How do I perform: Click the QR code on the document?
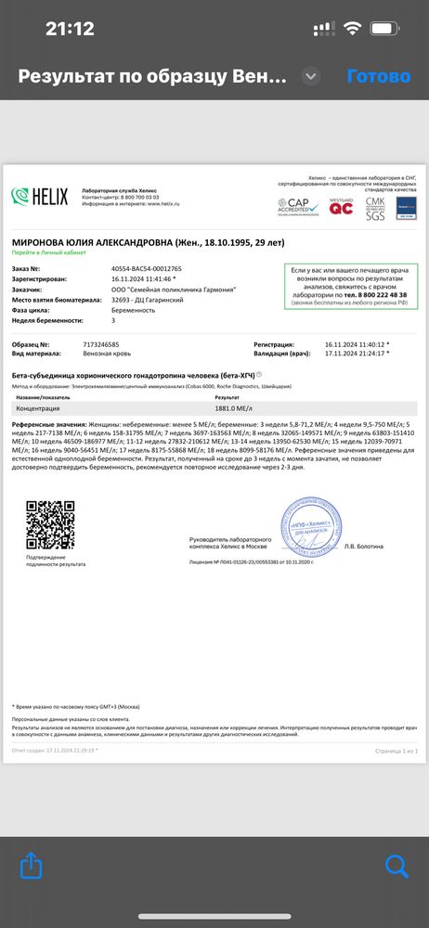point(49,524)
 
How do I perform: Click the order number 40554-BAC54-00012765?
point(146,268)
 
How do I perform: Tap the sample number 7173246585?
point(133,344)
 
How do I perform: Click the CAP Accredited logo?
point(298,206)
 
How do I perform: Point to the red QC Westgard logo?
point(342,206)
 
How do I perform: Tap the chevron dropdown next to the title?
point(312,76)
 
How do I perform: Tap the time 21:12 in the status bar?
point(70,29)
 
